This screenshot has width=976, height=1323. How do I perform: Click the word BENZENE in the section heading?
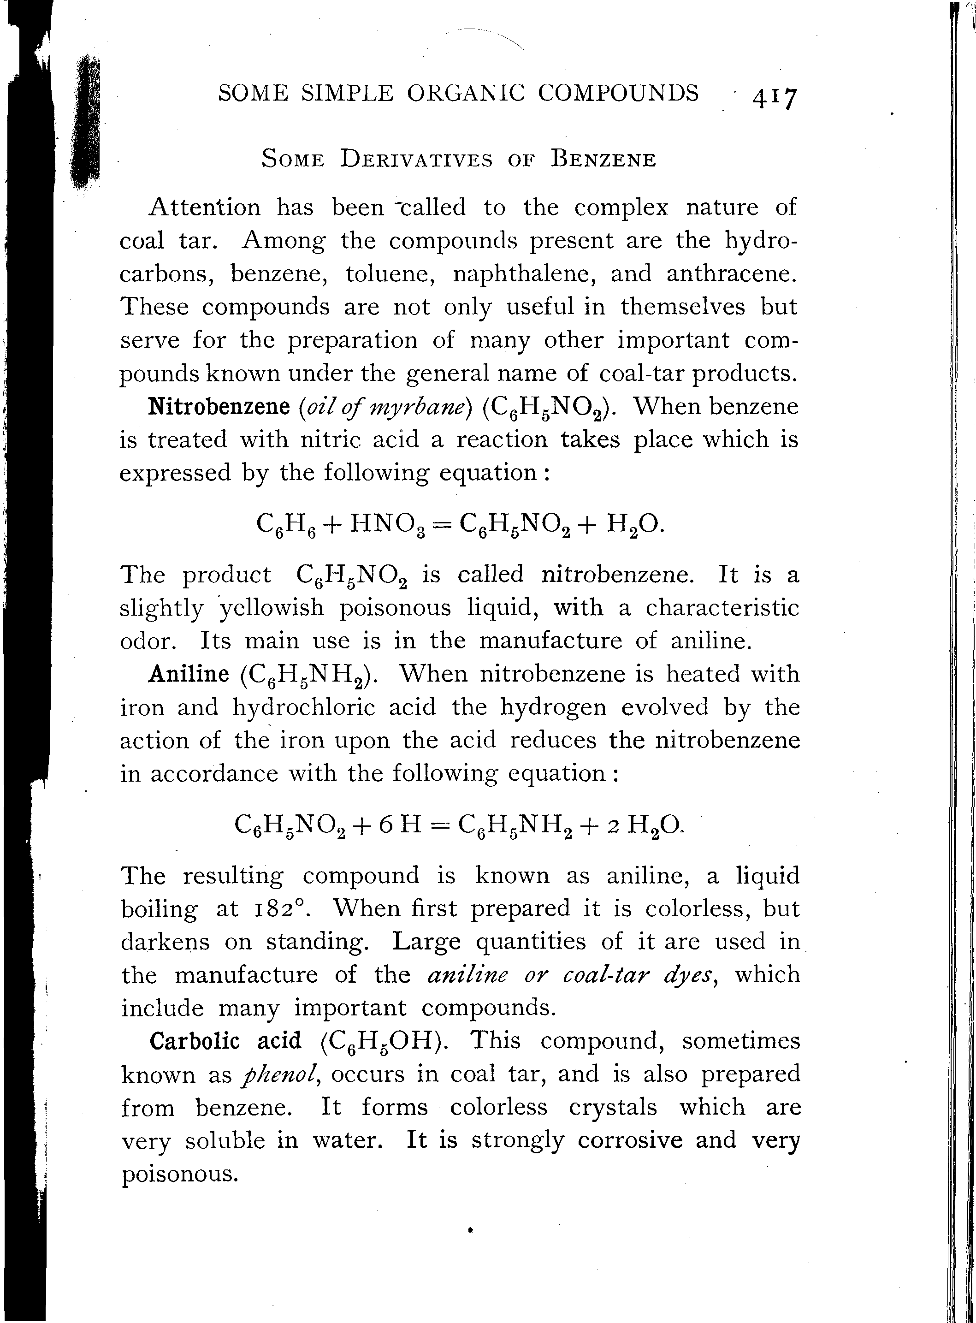point(603,160)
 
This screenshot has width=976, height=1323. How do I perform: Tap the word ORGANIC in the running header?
point(466,93)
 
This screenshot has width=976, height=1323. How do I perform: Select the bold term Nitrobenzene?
point(219,407)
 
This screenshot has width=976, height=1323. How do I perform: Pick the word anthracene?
point(731,273)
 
